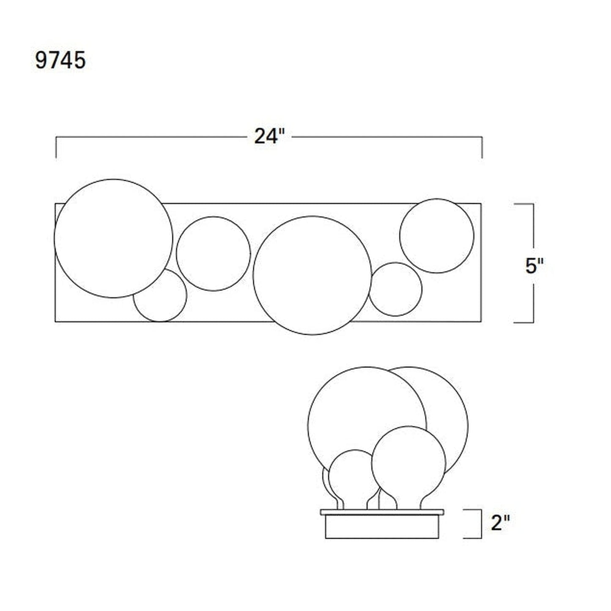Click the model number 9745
[x=60, y=60]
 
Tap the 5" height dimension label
[x=534, y=266]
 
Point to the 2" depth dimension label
[x=500, y=523]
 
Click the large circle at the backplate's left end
[x=54, y=238]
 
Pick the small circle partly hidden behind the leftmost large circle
[x=186, y=296]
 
